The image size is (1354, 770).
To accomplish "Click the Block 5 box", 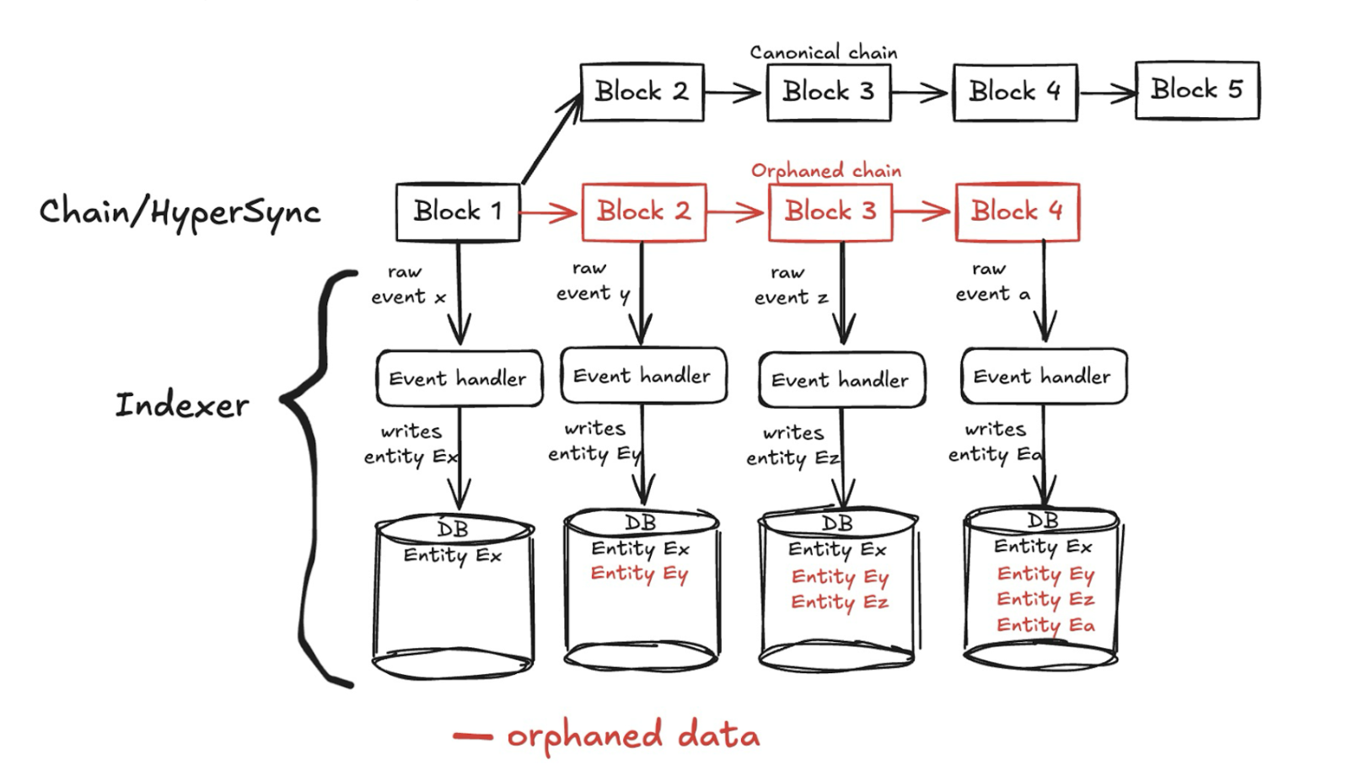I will pos(1196,90).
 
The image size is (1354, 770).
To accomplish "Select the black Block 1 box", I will pos(458,211).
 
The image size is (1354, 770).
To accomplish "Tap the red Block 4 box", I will pos(1017,211).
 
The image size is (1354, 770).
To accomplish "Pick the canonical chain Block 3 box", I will pos(828,92).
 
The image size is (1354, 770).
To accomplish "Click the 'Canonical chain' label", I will pos(823,52).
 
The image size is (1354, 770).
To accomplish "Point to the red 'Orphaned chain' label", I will pos(825,171).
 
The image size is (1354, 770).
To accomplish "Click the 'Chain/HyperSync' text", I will pos(180,211).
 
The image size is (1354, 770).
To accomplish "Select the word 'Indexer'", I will pos(182,405).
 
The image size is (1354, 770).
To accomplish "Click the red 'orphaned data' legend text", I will pos(632,735).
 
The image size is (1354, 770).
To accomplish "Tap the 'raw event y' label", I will pos(591,281).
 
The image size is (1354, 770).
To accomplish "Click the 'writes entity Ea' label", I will pos(995,442).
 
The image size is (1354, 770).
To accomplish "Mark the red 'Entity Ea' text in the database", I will pos(1045,625).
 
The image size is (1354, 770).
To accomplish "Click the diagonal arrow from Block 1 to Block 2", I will pos(552,139).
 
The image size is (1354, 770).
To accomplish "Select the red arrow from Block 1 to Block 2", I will pos(550,212).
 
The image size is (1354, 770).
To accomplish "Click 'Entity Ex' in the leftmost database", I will pos(452,556).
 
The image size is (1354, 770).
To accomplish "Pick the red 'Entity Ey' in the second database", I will pos(639,575).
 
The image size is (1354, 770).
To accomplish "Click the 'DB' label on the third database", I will pos(837,524).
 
